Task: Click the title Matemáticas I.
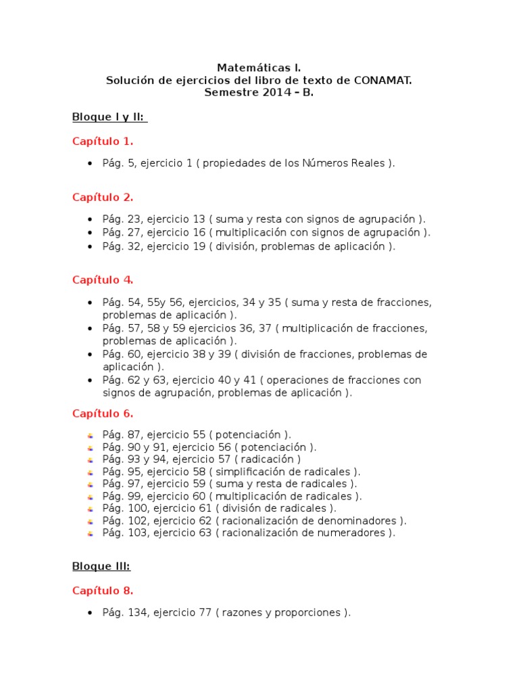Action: [259, 68]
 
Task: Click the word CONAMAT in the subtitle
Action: [382, 81]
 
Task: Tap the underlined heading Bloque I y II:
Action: [109, 117]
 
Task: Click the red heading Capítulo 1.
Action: [103, 141]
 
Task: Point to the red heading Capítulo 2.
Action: [103, 198]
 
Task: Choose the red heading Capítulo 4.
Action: [103, 280]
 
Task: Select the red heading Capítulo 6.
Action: [103, 413]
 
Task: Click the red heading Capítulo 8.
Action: [103, 591]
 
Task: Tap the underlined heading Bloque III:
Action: [101, 566]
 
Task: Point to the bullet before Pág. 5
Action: [90, 164]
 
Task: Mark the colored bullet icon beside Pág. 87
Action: [90, 435]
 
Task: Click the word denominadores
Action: [363, 520]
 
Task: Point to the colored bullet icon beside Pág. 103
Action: [90, 533]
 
